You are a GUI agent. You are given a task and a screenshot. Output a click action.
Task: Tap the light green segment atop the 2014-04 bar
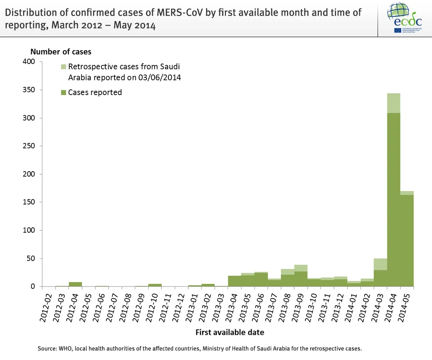(394, 103)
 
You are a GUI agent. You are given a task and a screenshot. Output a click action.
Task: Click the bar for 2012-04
(75, 284)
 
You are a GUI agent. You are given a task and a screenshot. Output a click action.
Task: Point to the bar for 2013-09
(301, 279)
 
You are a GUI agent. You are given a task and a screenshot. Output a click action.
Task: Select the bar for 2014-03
(380, 278)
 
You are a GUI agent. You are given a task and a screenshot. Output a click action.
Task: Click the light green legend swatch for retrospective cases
(64, 67)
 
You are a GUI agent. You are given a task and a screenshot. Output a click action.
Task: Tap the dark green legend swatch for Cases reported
(64, 92)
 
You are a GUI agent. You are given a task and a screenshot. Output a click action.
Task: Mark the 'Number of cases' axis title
(61, 51)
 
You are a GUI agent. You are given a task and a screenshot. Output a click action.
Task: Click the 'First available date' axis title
(229, 332)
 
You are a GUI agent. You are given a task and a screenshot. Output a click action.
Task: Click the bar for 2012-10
(155, 285)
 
